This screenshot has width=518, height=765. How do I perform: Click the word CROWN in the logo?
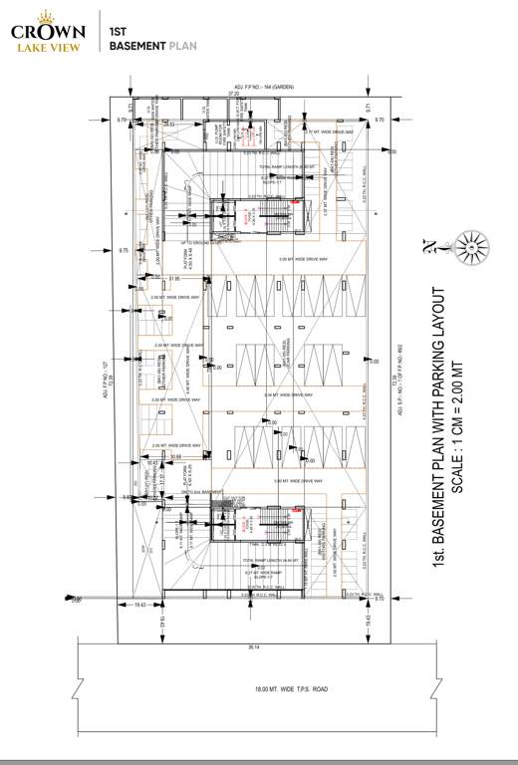click(48, 30)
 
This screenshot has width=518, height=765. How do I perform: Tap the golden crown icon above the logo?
click(47, 14)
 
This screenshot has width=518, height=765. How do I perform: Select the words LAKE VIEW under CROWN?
click(48, 45)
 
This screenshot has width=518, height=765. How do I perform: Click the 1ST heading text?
click(118, 33)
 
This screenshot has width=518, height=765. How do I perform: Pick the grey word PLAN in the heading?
click(182, 46)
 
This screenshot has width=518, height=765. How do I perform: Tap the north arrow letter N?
click(427, 245)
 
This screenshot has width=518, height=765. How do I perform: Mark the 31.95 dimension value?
click(175, 278)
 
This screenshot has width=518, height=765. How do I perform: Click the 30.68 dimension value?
click(175, 457)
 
